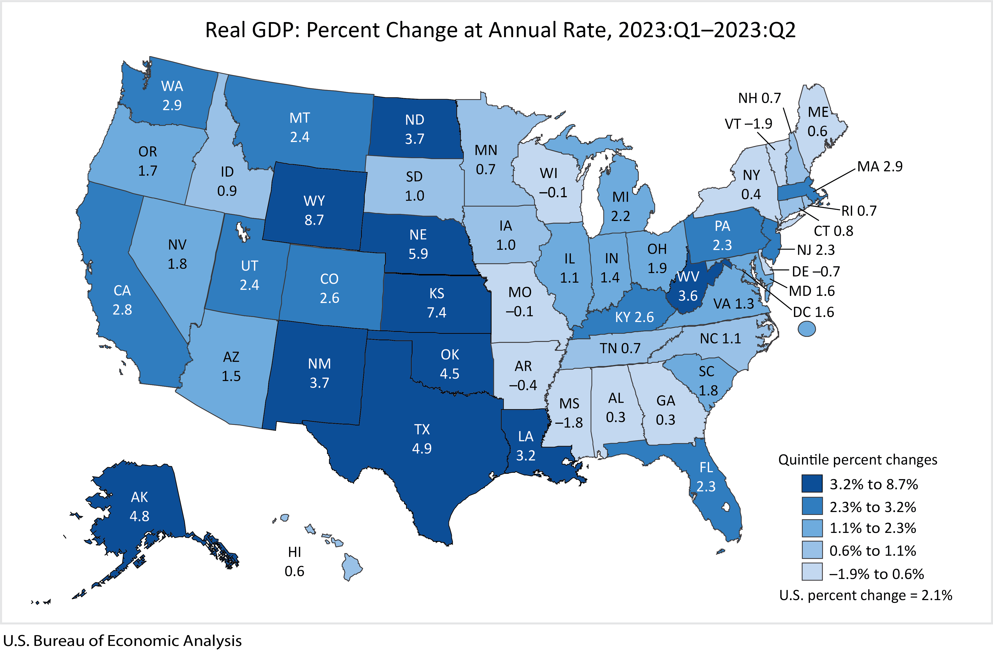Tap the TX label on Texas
422,429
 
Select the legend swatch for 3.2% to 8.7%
812,483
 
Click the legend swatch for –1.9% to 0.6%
812,572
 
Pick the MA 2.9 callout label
879,167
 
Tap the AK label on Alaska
139,497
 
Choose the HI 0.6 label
294,561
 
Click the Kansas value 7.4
437,312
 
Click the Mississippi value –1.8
569,423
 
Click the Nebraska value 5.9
418,254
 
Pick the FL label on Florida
706,467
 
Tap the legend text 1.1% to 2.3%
873,528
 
